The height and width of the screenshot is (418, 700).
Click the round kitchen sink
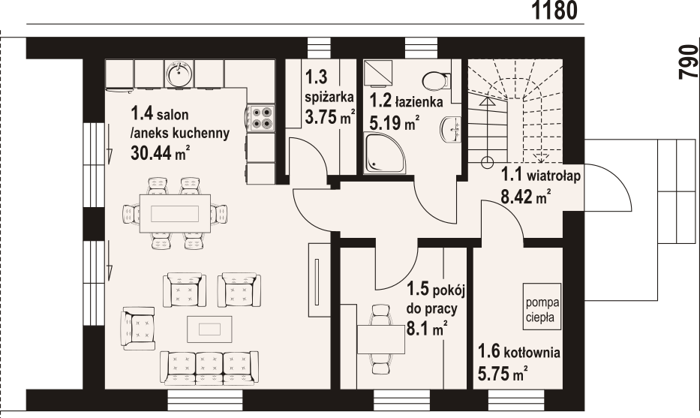pyautogui.click(x=179, y=74)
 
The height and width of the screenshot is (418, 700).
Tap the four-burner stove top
pyautogui.click(x=261, y=118)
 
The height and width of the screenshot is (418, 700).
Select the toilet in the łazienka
pyautogui.click(x=435, y=81)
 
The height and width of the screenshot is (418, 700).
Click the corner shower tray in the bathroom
pyautogui.click(x=384, y=152)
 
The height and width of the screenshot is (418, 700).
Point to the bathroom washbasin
pyautogui.click(x=450, y=129)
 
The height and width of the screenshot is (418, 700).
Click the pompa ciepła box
pyautogui.click(x=542, y=306)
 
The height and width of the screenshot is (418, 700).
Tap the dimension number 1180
pyautogui.click(x=555, y=11)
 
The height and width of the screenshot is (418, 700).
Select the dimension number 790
pyautogui.click(x=688, y=62)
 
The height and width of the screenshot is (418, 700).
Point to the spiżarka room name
pyautogui.click(x=329, y=97)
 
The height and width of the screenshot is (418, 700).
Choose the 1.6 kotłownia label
pyautogui.click(x=518, y=352)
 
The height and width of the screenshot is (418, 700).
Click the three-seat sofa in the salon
pyautogui.click(x=209, y=368)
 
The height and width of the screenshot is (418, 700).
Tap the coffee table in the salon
pyautogui.click(x=209, y=329)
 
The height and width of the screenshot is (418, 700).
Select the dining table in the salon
pyautogui.click(x=175, y=213)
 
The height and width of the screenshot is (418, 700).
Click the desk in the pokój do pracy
pyautogui.click(x=381, y=339)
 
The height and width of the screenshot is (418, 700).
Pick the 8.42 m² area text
pyautogui.click(x=525, y=196)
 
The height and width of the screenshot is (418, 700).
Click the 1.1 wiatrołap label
pyautogui.click(x=541, y=175)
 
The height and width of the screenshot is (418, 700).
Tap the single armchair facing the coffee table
pyautogui.click(x=137, y=328)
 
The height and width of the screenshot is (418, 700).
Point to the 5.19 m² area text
pyautogui.click(x=395, y=122)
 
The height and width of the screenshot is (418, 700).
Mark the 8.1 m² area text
pyautogui.click(x=427, y=329)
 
